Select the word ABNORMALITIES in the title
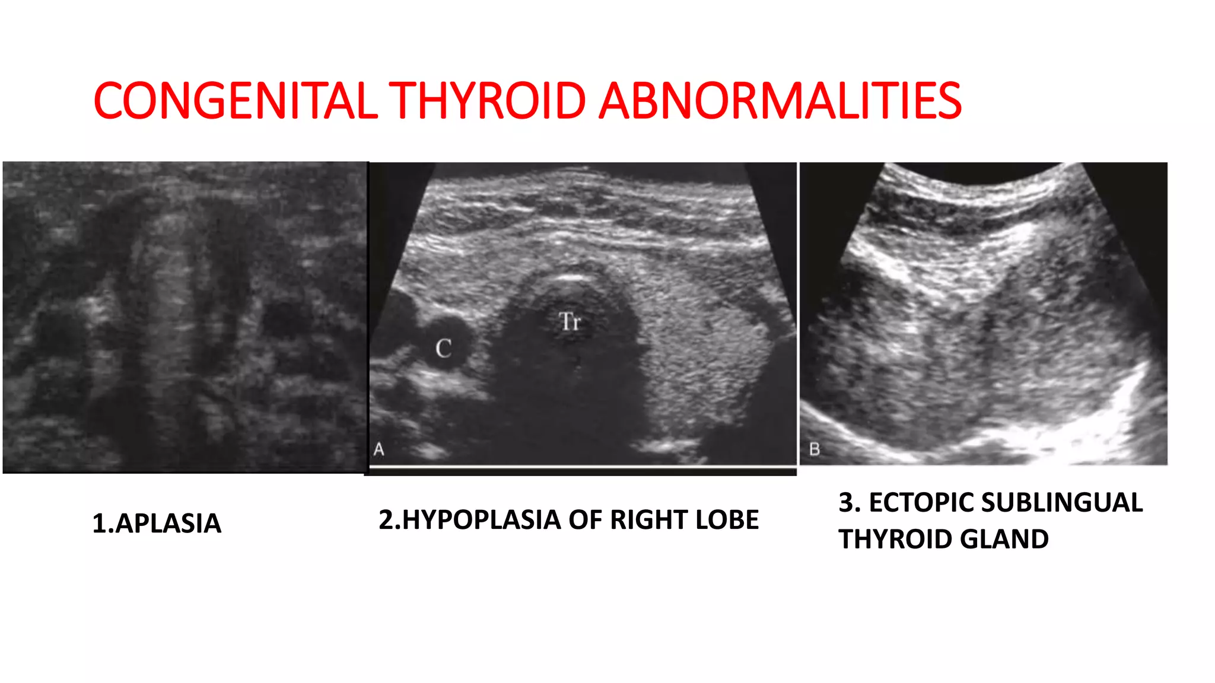pyautogui.click(x=780, y=101)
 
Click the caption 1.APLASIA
pyautogui.click(x=157, y=524)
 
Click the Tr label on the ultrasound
pyautogui.click(x=570, y=321)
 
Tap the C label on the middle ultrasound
pyautogui.click(x=443, y=348)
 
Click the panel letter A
pyautogui.click(x=379, y=450)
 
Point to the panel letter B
pyautogui.click(x=815, y=449)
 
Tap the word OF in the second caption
pyautogui.click(x=585, y=520)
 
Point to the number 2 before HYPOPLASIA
pyautogui.click(x=386, y=520)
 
